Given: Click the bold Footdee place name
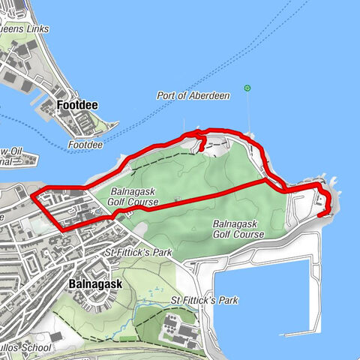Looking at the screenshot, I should pos(79,106).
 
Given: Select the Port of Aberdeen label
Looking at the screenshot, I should pos(187,96).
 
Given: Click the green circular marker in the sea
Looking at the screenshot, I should pos(247,89).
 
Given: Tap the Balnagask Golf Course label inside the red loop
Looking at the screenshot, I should pos(138,196).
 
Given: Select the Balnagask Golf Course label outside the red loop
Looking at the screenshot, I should pos(238,229).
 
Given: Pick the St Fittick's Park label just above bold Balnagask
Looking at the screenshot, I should pos(139,253).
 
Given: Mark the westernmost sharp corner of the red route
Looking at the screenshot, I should pos(32,197).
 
